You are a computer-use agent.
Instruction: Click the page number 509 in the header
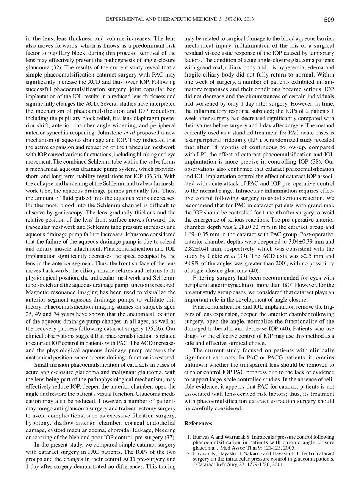pyautogui.click(x=329, y=20)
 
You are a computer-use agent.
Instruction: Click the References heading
pyautogui.click(x=198, y=424)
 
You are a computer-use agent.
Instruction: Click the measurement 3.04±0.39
pyautogui.click(x=299, y=241)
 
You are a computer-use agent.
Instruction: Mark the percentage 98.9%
pyautogui.click(x=192, y=263)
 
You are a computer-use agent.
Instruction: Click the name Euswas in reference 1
pyautogui.click(x=202, y=437)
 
